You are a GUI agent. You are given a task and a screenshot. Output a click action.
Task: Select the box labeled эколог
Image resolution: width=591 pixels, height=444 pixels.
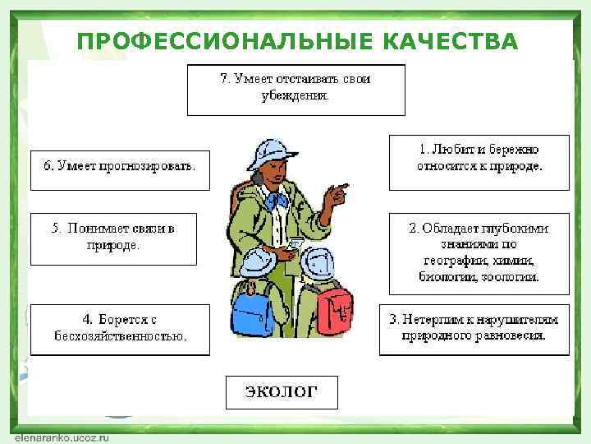[x=282, y=391]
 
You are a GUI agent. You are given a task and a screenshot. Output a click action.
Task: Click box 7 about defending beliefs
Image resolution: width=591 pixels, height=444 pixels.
[x=295, y=89]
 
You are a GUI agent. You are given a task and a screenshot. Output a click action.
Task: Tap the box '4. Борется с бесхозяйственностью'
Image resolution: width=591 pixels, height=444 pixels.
[x=120, y=329]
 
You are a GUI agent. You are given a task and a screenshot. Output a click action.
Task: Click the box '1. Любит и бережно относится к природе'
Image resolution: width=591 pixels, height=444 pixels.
[x=479, y=161]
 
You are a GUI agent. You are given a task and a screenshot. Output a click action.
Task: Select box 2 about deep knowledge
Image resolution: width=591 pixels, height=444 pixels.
[x=479, y=253]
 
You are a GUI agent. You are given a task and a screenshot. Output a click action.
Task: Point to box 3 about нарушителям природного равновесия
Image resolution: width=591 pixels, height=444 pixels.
[x=474, y=329]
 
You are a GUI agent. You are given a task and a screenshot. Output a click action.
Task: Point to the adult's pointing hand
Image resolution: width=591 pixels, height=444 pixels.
[x=336, y=195]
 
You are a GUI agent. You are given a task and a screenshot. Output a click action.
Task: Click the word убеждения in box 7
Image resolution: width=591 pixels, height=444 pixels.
[x=295, y=96]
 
